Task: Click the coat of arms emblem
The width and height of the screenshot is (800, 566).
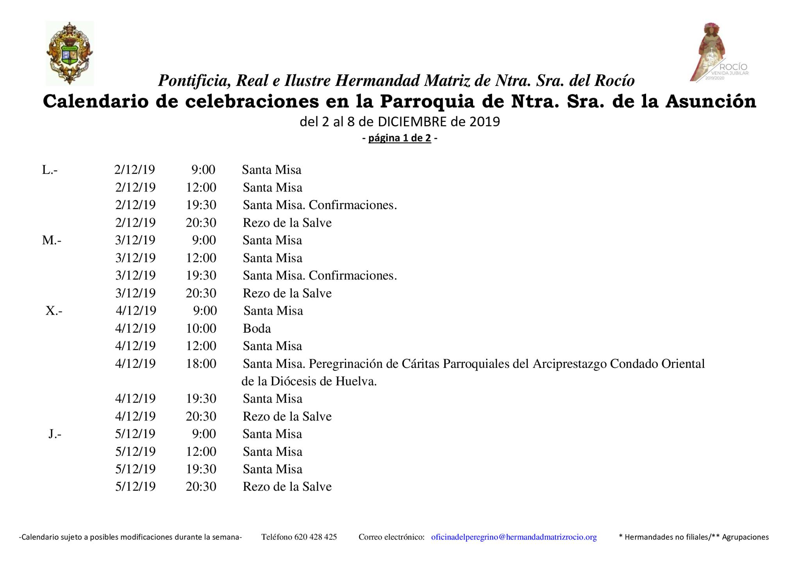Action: pyautogui.click(x=70, y=53)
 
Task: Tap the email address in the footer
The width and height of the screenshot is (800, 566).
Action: pyautogui.click(x=514, y=537)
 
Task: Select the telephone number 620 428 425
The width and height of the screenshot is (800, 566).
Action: pyautogui.click(x=315, y=537)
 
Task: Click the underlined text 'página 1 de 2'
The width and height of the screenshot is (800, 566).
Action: pyautogui.click(x=400, y=138)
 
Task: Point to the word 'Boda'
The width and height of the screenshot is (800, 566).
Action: pyautogui.click(x=257, y=328)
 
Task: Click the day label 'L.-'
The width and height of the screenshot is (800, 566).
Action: pyautogui.click(x=50, y=170)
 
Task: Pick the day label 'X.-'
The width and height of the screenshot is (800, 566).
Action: pyautogui.click(x=54, y=311)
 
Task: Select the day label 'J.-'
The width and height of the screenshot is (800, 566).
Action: pyautogui.click(x=55, y=434)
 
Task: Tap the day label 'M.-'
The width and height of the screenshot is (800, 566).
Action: pyautogui.click(x=52, y=240)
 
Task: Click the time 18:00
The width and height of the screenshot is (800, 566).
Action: pyautogui.click(x=201, y=364)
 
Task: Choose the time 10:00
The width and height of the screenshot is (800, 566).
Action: pyautogui.click(x=201, y=328)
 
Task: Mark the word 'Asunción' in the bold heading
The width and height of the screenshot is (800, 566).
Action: pyautogui.click(x=711, y=101)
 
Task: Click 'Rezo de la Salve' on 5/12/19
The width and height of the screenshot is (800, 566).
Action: pyautogui.click(x=287, y=487)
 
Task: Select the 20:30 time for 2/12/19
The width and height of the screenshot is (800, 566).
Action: pyautogui.click(x=201, y=223)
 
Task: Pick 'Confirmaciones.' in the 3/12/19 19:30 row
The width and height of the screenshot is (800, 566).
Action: pyautogui.click(x=353, y=276)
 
